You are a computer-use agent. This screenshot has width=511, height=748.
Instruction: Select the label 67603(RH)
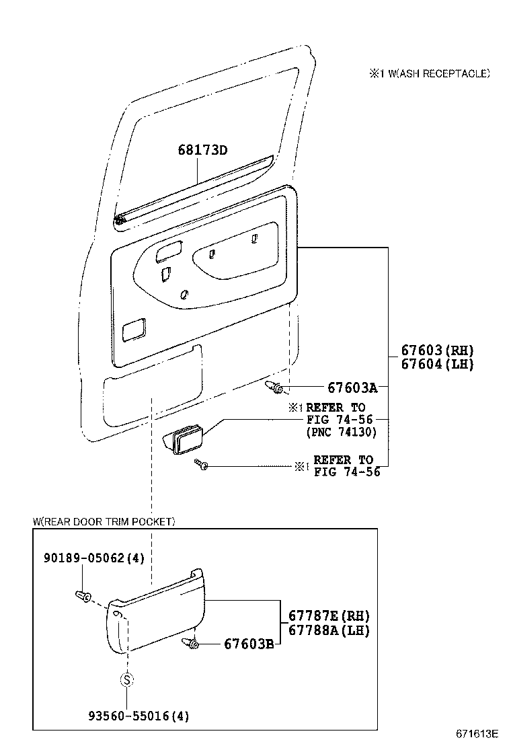tap(437, 350)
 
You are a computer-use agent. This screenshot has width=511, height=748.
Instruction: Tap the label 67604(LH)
tap(437, 365)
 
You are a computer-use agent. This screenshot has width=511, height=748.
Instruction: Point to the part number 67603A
tap(352, 387)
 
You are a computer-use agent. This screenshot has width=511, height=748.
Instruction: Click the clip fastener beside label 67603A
tap(277, 387)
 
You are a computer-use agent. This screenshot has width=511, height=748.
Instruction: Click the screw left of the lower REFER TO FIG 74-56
tap(201, 464)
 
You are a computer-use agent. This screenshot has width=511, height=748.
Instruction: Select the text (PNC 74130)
tap(342, 432)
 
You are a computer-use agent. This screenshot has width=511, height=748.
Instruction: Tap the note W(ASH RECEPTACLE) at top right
tap(428, 73)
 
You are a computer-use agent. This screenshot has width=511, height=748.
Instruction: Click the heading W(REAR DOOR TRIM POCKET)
tap(104, 521)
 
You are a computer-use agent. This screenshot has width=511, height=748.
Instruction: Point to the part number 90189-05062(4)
tap(94, 558)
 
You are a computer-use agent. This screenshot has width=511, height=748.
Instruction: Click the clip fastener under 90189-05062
tap(83, 595)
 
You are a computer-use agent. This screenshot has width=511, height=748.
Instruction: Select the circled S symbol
tap(126, 679)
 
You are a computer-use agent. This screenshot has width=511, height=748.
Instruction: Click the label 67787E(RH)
tap(329, 615)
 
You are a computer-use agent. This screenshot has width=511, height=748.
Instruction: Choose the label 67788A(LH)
tap(329, 630)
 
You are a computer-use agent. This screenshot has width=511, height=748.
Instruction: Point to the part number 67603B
tap(248, 644)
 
